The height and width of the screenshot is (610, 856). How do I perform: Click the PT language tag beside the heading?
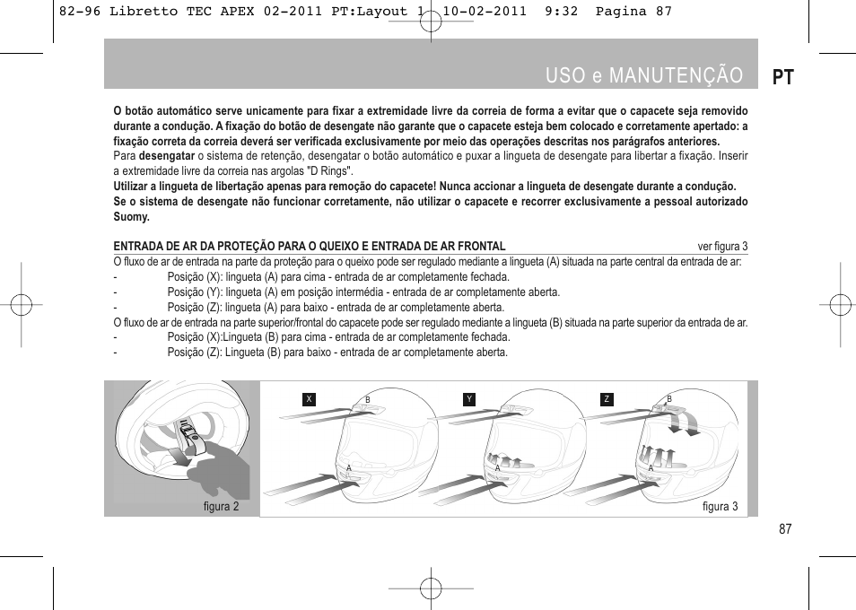[x=782, y=76]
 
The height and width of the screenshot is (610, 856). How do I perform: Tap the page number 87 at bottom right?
[x=785, y=529]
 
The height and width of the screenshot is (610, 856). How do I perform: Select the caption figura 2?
[x=221, y=507]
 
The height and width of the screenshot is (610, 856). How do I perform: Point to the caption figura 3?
[x=720, y=507]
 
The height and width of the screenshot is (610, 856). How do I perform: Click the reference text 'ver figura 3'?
[x=722, y=247]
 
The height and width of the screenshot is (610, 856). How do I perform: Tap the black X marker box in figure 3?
[x=310, y=399]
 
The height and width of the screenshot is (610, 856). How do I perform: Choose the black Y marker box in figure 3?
[x=468, y=399]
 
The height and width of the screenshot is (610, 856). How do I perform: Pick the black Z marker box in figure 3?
[x=607, y=399]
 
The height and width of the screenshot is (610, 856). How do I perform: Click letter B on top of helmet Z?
[x=668, y=398]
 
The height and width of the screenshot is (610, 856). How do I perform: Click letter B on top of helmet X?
[x=367, y=399]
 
